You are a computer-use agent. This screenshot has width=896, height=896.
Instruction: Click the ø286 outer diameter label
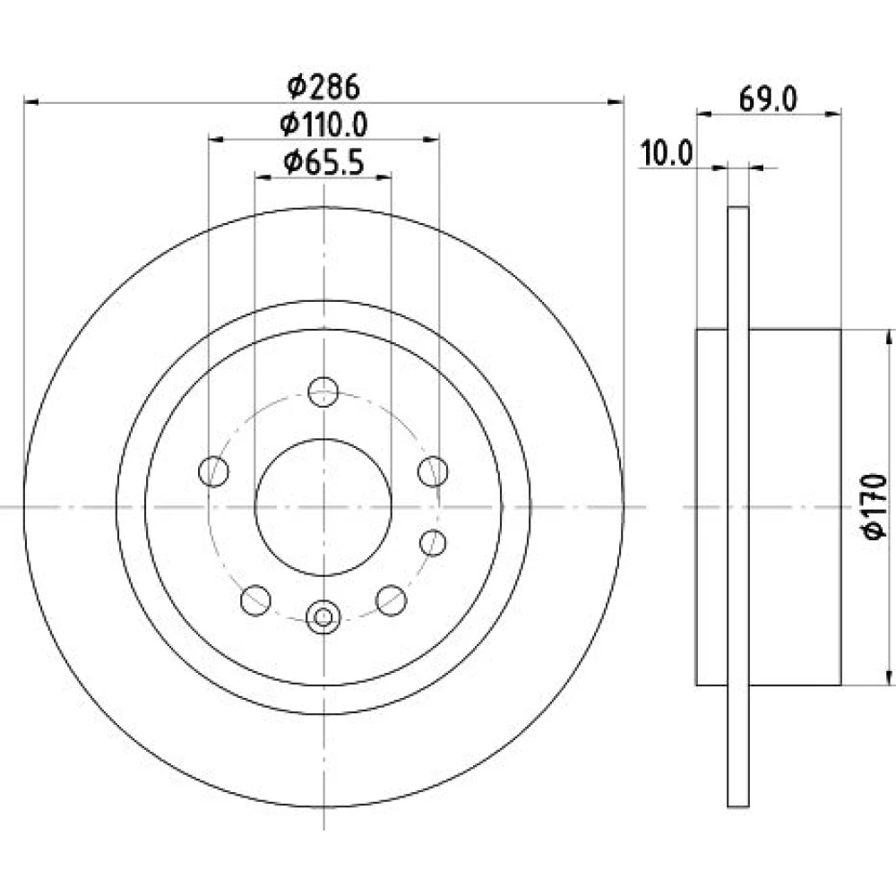323,87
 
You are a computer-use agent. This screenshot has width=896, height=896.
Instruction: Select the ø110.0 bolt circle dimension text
323,125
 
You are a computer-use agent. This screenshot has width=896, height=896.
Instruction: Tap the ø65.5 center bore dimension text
323,163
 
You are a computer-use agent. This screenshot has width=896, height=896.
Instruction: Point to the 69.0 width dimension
768,99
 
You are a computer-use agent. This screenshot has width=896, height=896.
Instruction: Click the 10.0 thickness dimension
667,153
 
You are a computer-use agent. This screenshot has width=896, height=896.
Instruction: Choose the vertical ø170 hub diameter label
874,506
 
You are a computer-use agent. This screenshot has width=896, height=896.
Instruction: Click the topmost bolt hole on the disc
323,392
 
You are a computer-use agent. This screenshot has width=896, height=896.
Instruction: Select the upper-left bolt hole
214,471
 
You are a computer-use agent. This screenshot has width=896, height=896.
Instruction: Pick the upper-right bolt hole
433,471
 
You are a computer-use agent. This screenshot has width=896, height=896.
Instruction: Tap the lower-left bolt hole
255,600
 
